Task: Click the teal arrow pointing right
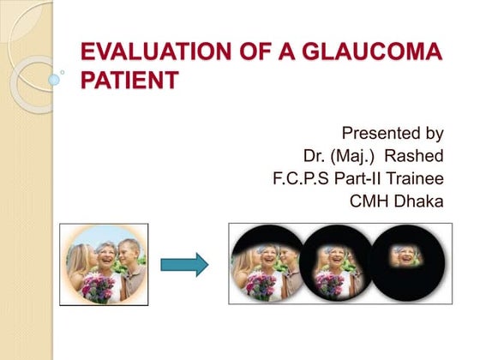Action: [x=184, y=264]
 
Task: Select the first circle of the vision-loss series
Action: [x=268, y=264]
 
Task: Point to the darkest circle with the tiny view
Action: [x=403, y=264]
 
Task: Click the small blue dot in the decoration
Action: [x=55, y=79]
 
